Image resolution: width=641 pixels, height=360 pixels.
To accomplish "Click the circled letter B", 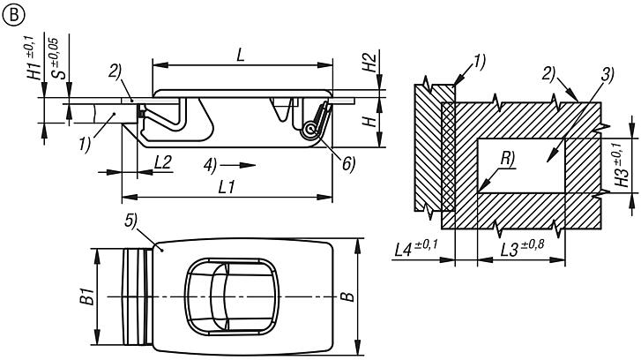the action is click(13, 15).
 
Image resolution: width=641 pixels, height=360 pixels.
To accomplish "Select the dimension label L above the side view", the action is click(241, 55).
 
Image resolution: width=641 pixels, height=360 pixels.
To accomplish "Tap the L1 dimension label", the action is click(226, 187).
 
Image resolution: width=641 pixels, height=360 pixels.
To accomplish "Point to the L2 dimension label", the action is click(163, 163).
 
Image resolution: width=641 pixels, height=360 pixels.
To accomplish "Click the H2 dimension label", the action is click(370, 62).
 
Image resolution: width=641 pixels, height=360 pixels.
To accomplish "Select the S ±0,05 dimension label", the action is click(59, 58).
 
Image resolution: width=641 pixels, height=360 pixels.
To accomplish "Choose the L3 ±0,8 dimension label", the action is click(523, 248).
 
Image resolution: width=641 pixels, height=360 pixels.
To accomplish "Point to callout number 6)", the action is click(348, 163).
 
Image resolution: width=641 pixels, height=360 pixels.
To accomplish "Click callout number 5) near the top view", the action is click(130, 221).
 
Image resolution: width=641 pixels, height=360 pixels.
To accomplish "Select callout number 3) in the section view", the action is click(607, 74).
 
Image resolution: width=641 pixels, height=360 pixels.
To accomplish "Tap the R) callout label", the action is click(507, 158).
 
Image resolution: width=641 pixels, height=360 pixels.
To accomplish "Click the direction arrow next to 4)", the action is click(238, 165).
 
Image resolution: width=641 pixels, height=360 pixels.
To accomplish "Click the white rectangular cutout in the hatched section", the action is click(521, 165).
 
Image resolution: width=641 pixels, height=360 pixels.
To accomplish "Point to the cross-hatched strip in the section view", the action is click(448, 156).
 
